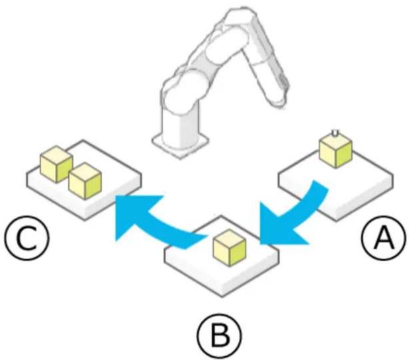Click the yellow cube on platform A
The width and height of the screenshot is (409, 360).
(x=336, y=152)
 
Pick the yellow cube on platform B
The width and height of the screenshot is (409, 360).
(x=229, y=248)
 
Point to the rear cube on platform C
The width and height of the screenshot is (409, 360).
(x=56, y=164)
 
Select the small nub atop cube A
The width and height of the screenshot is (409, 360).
(x=335, y=133)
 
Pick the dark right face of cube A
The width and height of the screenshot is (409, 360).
(x=344, y=154)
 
